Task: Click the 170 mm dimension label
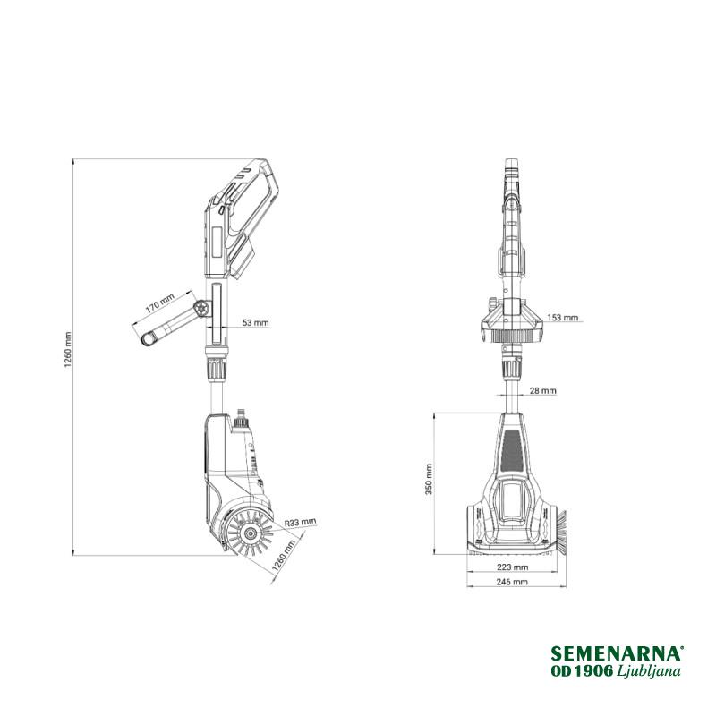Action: [x=160, y=303]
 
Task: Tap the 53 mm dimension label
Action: [x=255, y=322]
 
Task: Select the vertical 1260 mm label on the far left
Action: [x=68, y=350]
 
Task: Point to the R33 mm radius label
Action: [x=300, y=523]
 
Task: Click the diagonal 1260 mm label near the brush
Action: [x=284, y=556]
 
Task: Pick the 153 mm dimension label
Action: [x=563, y=318]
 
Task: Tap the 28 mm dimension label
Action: [x=543, y=390]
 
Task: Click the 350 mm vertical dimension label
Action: [x=429, y=480]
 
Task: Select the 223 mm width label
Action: [x=512, y=567]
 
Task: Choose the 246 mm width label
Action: [x=512, y=581]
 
